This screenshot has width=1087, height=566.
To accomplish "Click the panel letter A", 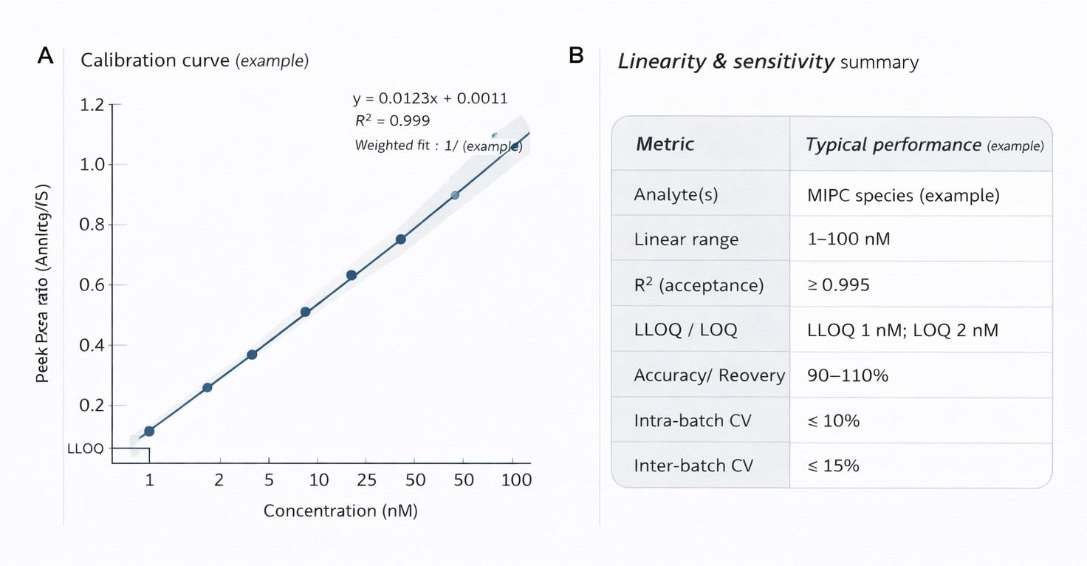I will pos(45,56).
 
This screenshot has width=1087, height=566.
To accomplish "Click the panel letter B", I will pos(577,56).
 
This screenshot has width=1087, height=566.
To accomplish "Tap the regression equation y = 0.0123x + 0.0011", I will pos(430,98).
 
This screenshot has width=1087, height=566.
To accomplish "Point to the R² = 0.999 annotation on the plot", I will pos(392,120).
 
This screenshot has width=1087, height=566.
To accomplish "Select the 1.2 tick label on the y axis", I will pos(92,105).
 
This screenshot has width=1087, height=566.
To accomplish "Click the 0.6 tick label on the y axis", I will pos(92,285).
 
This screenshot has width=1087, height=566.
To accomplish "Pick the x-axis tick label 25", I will pos(367,480).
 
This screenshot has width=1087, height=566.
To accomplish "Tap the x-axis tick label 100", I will pos(516,480).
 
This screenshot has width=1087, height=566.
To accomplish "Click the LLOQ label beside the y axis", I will pos(85,449).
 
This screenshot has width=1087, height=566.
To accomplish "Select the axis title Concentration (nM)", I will pos(340,511).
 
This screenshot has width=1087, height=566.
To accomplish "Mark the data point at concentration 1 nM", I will pos(149,431).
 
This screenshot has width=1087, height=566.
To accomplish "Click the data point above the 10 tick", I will pos(305,312).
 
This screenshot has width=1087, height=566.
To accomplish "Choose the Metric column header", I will pos(665,143).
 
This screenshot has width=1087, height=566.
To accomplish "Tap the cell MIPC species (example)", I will pos(904,195).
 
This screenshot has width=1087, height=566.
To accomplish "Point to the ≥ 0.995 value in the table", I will pos(839,284).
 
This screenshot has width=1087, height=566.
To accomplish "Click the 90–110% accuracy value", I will pos(848,375).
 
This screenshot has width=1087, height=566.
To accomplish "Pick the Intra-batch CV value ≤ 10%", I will pos(834,420).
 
